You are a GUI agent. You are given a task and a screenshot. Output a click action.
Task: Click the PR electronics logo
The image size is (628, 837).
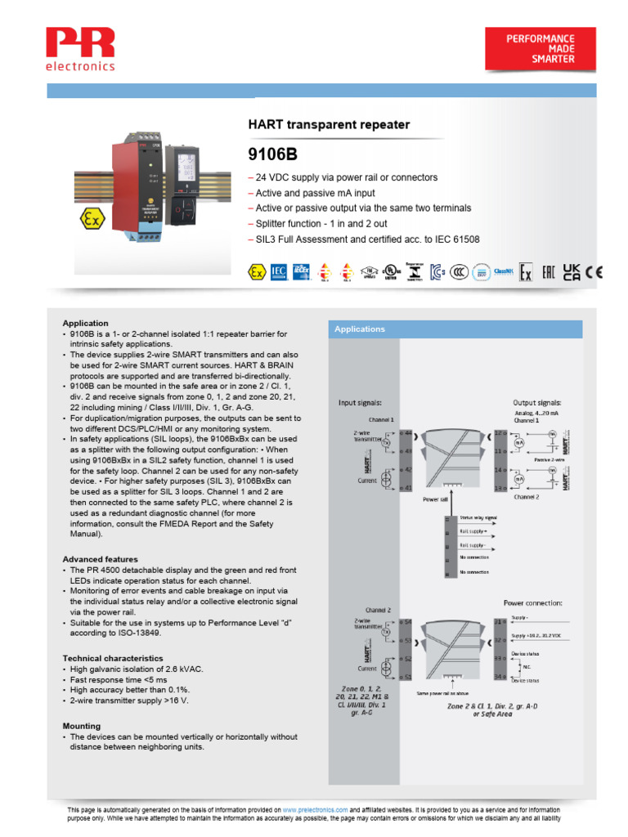click(x=80, y=49)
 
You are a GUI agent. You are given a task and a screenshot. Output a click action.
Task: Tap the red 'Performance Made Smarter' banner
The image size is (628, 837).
click(x=541, y=49)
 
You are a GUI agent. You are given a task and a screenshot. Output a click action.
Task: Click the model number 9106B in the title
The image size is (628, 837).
click(x=273, y=154)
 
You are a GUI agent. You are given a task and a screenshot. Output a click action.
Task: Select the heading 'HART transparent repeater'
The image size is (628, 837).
click(x=329, y=124)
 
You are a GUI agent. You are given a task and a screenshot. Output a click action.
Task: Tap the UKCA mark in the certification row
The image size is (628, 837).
click(x=594, y=272)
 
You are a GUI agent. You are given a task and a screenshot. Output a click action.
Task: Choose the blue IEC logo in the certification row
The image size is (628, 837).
click(x=278, y=272)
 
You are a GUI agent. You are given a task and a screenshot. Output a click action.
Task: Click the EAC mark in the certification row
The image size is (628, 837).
click(x=570, y=272)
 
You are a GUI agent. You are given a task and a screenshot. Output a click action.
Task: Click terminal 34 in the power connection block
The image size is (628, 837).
click(x=499, y=678)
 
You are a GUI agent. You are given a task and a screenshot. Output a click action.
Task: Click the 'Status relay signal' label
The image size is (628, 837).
click(x=478, y=517)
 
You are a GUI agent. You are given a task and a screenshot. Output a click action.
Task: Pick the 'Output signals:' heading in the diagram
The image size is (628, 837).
click(x=537, y=402)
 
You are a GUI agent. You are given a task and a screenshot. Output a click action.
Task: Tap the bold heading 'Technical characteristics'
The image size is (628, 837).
click(x=113, y=658)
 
